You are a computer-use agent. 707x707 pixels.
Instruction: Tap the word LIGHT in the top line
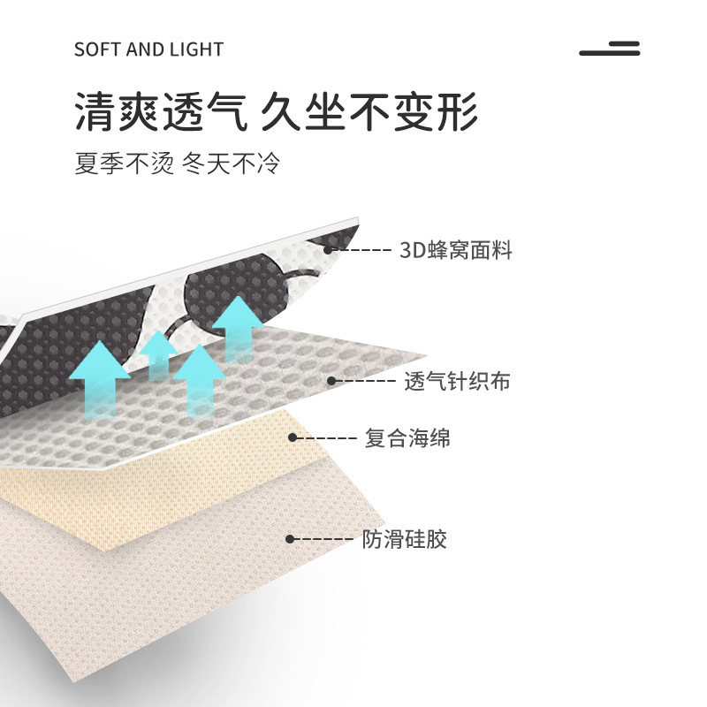point(196,49)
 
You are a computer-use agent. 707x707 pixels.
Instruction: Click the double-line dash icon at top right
point(610,49)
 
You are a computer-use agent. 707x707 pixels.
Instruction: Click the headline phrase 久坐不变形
point(370,113)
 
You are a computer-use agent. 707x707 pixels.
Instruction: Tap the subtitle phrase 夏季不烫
point(124,163)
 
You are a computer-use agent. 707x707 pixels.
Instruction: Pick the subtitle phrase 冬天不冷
point(231,163)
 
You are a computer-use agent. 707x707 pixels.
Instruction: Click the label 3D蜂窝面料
point(456,250)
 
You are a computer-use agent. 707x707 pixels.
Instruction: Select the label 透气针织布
point(457,382)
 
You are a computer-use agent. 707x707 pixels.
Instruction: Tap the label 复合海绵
point(407,437)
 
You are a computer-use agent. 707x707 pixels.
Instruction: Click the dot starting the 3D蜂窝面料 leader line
point(328,250)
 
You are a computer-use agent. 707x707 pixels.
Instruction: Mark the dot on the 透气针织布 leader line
point(332,382)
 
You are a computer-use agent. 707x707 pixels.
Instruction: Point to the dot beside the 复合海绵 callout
point(293,437)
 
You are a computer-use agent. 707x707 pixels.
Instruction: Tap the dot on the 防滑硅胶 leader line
point(290,538)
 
